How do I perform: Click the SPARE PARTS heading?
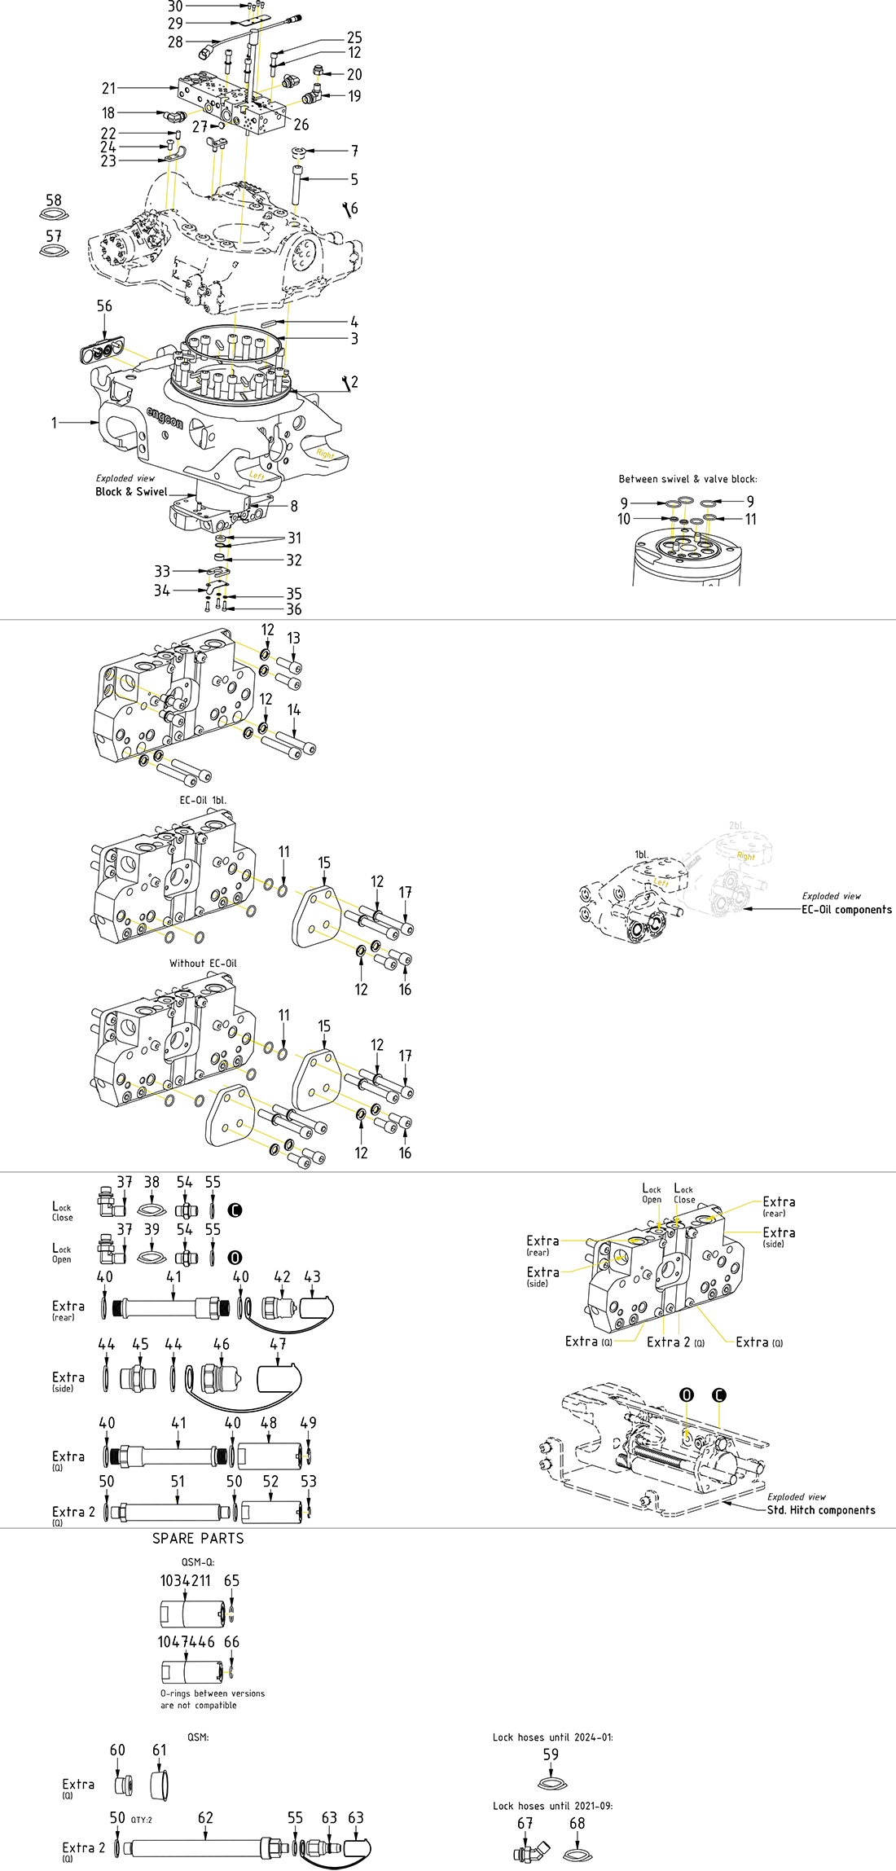coord(198,1538)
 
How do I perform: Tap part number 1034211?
coord(185,1580)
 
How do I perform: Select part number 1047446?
coord(186,1641)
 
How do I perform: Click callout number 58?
coord(54,200)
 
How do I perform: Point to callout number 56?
coord(104,306)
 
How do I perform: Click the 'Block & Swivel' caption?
coord(131,492)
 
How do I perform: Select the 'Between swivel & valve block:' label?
coord(687,479)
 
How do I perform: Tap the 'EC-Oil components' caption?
coord(846,910)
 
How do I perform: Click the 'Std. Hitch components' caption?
coord(821,1510)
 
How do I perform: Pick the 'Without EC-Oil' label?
coord(203,963)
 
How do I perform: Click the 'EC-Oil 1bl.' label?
coord(203,800)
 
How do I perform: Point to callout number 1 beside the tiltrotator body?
coord(55,423)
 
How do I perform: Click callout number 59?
coord(551,1755)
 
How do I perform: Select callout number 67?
coord(525,1823)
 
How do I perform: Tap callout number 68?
coord(577,1823)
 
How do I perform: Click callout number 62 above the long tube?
coord(205,1818)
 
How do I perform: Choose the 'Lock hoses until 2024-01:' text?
coord(552,1737)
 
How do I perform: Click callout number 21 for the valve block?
coord(108,88)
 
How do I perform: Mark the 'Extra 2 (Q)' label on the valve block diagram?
coord(675,1342)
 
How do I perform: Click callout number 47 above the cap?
coord(278,1344)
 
